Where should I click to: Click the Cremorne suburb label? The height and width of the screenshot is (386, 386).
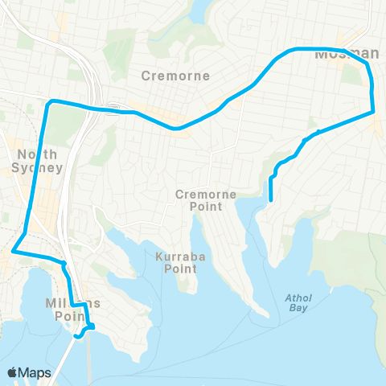(175, 76)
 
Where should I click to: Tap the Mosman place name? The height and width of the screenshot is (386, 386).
(347, 55)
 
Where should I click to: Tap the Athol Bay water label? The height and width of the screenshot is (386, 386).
(298, 302)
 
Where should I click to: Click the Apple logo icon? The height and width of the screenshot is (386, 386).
(13, 372)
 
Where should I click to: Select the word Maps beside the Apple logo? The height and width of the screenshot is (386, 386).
(35, 372)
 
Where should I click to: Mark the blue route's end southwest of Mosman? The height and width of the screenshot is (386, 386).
(271, 199)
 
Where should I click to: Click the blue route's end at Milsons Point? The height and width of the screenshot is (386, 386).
(76, 336)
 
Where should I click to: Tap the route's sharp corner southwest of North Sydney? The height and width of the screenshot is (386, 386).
(12, 253)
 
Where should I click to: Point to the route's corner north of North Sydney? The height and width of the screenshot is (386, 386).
(51, 102)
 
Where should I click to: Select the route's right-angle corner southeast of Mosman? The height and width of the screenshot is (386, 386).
(374, 113)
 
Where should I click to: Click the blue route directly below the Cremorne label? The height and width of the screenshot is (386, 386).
(175, 128)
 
